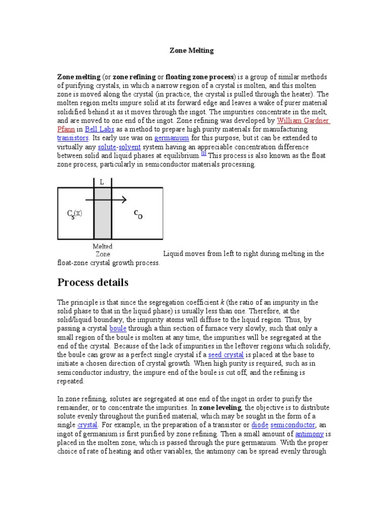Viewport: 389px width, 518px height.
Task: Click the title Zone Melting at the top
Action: click(191, 51)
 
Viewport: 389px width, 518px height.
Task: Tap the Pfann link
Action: click(66, 129)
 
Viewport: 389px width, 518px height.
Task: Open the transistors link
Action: click(73, 138)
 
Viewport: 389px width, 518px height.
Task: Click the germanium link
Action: click(172, 138)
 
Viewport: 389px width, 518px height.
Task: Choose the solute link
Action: click(106, 146)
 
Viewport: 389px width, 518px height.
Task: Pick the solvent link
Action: click(129, 146)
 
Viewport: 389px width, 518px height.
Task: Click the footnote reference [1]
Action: click(203, 153)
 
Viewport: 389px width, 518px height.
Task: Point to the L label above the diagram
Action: click(102, 182)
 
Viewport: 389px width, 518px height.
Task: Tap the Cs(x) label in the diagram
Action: click(74, 213)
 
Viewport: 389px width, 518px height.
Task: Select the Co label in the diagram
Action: click(138, 214)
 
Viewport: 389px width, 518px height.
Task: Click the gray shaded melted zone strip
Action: click(103, 223)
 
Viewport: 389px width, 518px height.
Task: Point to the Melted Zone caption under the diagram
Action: click(103, 250)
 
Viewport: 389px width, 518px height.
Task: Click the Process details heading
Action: click(93, 282)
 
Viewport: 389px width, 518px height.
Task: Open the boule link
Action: click(118, 328)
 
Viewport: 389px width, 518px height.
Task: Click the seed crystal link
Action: click(226, 355)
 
